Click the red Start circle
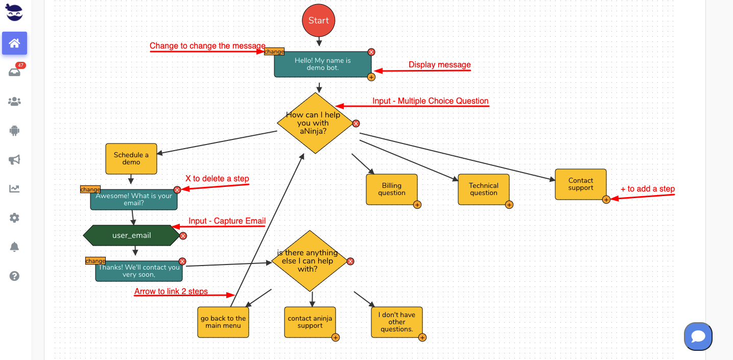(x=318, y=20)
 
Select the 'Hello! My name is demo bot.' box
(x=322, y=64)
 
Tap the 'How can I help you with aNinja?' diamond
(x=315, y=123)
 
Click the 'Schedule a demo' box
(x=131, y=159)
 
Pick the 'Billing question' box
(x=392, y=189)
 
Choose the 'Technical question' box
(x=483, y=189)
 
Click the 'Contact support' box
(x=580, y=184)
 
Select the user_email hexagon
(x=131, y=235)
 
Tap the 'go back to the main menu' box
(x=223, y=322)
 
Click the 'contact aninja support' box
(x=310, y=322)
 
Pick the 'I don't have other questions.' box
(x=396, y=322)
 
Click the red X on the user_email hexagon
(x=183, y=236)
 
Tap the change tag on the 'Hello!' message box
(x=274, y=52)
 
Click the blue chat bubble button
(x=698, y=337)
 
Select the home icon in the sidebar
(x=14, y=43)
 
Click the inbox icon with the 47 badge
(x=14, y=73)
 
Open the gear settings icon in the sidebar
(x=14, y=218)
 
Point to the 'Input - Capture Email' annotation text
(x=227, y=221)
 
